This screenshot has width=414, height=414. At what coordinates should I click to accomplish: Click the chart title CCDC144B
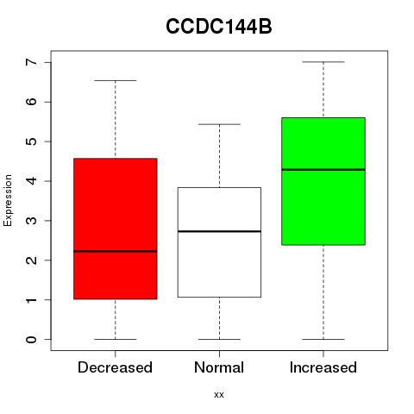point(219,27)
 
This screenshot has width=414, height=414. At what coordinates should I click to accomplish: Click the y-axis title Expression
point(8,200)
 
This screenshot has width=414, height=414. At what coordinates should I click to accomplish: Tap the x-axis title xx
point(219,395)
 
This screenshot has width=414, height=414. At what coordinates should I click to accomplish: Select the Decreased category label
point(115,367)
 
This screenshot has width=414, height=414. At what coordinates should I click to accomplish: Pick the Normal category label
point(219,367)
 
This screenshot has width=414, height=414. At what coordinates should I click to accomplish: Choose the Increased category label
point(323,367)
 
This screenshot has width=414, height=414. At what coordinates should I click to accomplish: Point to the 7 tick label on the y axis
point(32,62)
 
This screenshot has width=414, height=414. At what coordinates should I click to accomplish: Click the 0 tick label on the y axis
point(32,339)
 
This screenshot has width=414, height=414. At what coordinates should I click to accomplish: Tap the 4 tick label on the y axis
point(32,181)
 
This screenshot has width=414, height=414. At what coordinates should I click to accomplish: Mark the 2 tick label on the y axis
point(32,260)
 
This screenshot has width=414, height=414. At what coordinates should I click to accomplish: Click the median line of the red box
point(116,251)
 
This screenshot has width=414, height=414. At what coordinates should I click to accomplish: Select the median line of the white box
point(219,231)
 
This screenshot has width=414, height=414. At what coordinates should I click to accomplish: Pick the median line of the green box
point(323,170)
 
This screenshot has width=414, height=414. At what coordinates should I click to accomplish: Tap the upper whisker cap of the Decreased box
point(116,80)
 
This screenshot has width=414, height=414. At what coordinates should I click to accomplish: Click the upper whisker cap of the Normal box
point(219,124)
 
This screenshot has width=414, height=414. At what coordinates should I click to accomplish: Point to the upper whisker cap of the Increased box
point(323,62)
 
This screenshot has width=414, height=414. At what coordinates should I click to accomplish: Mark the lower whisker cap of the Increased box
point(323,339)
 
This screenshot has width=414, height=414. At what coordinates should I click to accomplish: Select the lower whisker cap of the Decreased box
point(116,339)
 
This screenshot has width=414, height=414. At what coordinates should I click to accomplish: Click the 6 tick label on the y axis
point(32,102)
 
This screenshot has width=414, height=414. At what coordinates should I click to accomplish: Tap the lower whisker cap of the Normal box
point(219,339)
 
